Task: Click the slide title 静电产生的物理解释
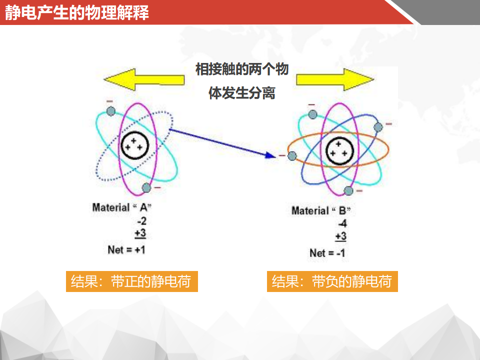[77, 12]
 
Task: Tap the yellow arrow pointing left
[144, 79]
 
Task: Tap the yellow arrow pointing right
[335, 79]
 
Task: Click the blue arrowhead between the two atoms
[270, 155]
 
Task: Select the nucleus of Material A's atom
[134, 145]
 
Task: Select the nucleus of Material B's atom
[339, 150]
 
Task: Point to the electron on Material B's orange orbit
[292, 156]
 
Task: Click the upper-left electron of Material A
[111, 111]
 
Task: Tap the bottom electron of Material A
[146, 187]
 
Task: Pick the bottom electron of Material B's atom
[348, 191]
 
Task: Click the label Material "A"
[122, 207]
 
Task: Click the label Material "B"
[321, 210]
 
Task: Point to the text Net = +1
[126, 250]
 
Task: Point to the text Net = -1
[327, 253]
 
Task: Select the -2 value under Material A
[141, 221]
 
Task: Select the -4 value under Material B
[342, 224]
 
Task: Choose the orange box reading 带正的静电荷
[132, 281]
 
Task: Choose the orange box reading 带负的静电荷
[332, 281]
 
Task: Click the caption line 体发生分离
[242, 93]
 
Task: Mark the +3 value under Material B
[340, 236]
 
